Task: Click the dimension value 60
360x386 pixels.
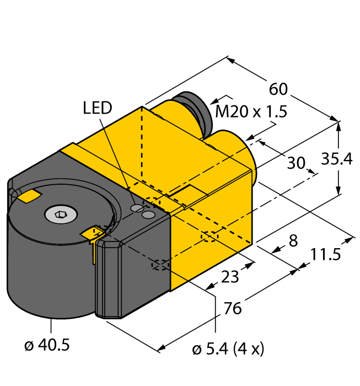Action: [278, 89]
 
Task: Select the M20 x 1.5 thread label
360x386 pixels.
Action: [251, 112]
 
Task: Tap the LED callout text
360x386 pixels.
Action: [98, 108]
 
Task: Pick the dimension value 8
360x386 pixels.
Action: [293, 240]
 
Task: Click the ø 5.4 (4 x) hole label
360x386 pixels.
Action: [228, 349]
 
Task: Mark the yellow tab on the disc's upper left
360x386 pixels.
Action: [28, 195]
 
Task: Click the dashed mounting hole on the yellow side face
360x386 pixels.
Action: [209, 237]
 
